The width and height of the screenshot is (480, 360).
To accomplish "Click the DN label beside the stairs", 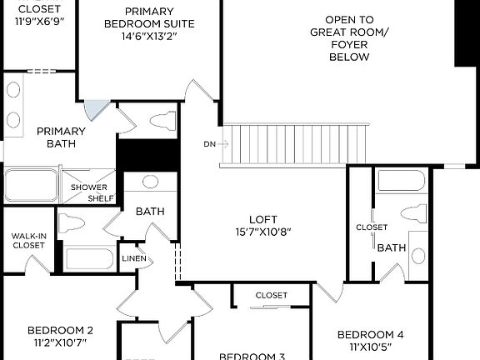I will pos(209,144).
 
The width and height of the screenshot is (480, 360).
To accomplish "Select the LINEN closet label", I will pos(134,259).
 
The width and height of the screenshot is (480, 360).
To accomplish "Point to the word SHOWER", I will pos(88,187).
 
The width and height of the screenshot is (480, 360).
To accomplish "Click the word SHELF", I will pos(101,198).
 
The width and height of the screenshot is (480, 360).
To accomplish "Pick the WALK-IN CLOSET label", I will pos(28,240).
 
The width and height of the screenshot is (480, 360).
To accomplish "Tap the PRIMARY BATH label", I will pos(61,137).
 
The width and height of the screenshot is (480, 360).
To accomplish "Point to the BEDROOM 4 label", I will pos(371,335).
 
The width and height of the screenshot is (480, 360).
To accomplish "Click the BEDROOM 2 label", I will pos(60,330).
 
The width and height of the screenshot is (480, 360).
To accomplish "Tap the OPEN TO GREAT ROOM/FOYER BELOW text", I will pos(350,38).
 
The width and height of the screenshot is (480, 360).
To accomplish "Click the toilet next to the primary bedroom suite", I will pos(163,121).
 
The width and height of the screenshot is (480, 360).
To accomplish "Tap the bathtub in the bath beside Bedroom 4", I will pos(402,181).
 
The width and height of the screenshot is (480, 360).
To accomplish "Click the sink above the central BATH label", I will pos(151,182).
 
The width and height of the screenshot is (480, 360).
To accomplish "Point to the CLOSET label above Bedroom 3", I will pos(272,296).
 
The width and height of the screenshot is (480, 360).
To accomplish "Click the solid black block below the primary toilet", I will pos(147,156).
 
